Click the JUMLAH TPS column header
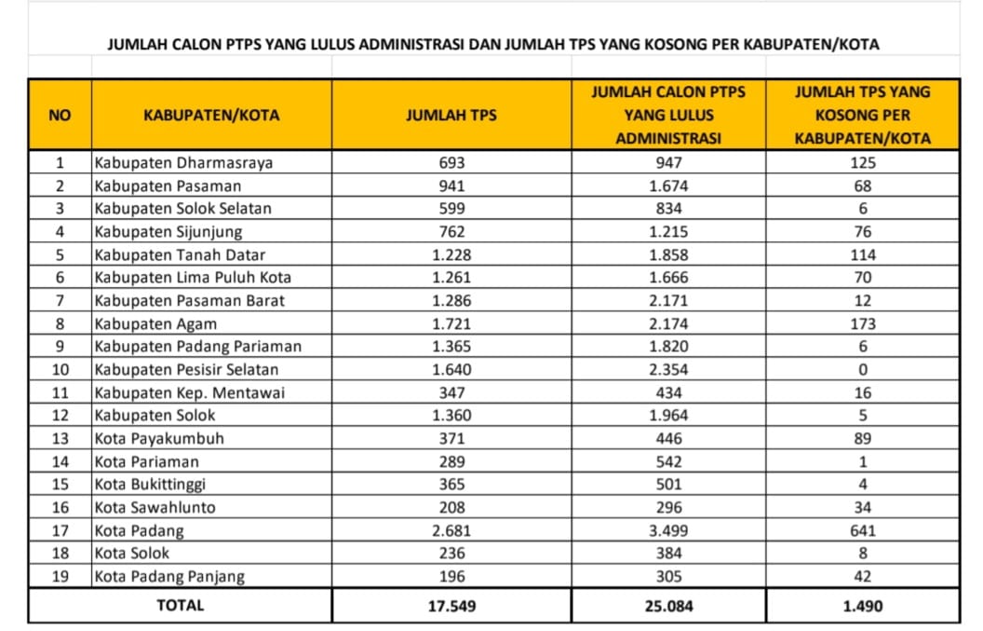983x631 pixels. pyautogui.click(x=451, y=116)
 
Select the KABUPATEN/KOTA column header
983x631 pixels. pyautogui.click(x=211, y=116)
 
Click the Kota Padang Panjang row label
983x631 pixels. pyautogui.click(x=169, y=576)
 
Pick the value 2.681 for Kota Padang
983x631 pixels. pyautogui.click(x=451, y=530)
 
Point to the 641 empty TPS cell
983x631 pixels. pyautogui.click(x=862, y=530)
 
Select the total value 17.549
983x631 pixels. pyautogui.click(x=451, y=606)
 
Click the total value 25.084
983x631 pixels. pyautogui.click(x=668, y=606)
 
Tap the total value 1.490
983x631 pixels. pyautogui.click(x=862, y=606)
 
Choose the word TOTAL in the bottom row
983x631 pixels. pyautogui.click(x=181, y=605)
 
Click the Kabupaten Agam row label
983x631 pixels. pyautogui.click(x=155, y=323)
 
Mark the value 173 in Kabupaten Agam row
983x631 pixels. pyautogui.click(x=862, y=323)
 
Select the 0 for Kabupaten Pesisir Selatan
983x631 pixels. pyautogui.click(x=862, y=370)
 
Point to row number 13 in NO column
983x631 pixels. pyautogui.click(x=60, y=438)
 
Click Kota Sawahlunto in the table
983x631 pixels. pyautogui.click(x=155, y=507)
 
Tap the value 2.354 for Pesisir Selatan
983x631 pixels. pyautogui.click(x=668, y=370)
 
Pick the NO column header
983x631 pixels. pyautogui.click(x=60, y=116)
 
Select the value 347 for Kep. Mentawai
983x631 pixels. pyautogui.click(x=451, y=392)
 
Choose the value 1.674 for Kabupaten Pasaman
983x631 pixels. pyautogui.click(x=668, y=185)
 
